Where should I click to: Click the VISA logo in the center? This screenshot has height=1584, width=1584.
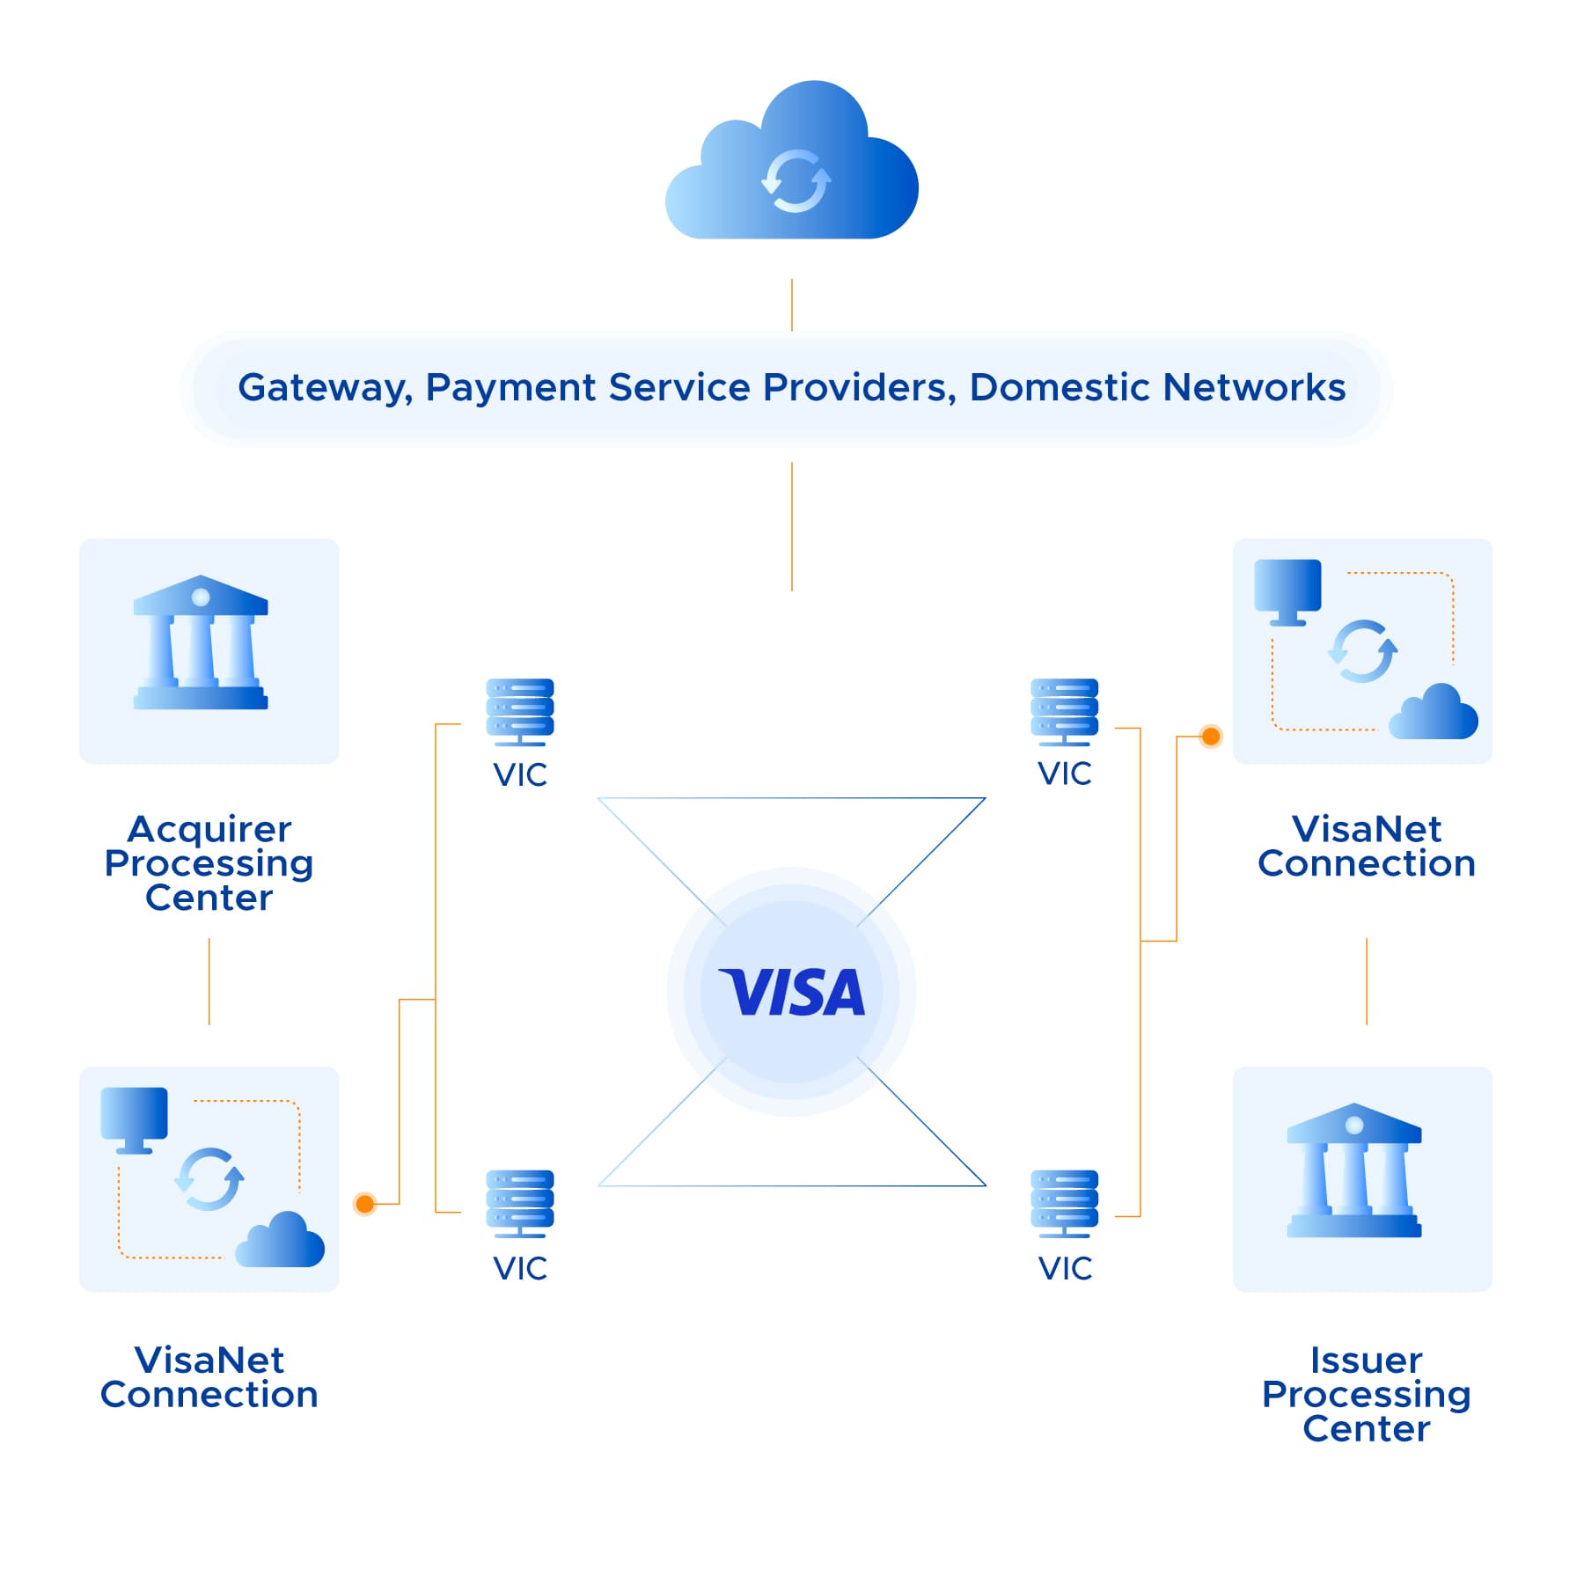(x=792, y=992)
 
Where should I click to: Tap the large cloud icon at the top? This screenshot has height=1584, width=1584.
(x=792, y=163)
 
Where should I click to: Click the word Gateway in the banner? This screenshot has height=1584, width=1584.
(x=324, y=388)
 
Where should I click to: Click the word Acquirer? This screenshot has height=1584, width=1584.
(x=209, y=829)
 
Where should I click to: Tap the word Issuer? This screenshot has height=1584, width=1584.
(x=1366, y=1360)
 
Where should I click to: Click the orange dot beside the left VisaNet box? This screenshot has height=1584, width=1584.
(x=365, y=1203)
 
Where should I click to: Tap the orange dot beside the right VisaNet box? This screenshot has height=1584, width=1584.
(x=1211, y=736)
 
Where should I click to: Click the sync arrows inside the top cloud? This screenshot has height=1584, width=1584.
(x=796, y=181)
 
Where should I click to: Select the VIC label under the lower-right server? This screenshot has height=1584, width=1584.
(x=1065, y=1268)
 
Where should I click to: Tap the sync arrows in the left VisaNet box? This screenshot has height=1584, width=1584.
(x=209, y=1179)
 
